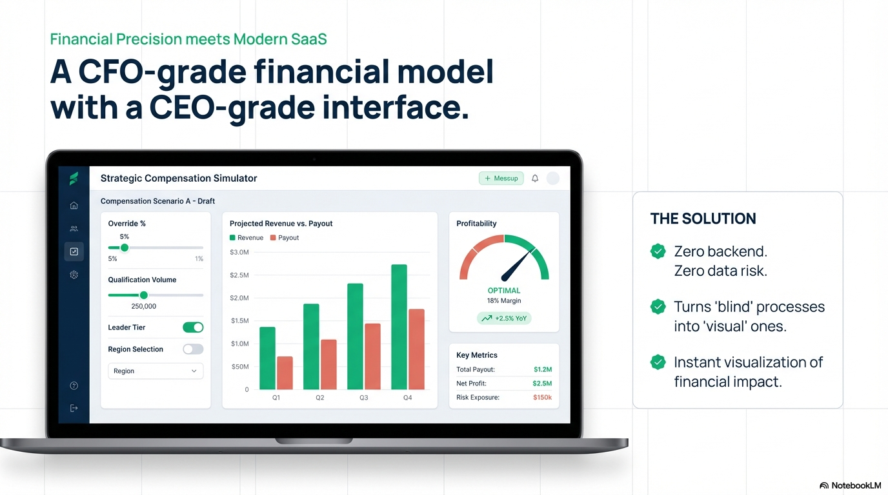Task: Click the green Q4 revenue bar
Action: coord(399,327)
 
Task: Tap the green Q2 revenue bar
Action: coord(311,347)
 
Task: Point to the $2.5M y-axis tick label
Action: coord(239,275)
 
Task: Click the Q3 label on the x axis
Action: coord(364,398)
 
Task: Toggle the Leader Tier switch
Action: coord(193,327)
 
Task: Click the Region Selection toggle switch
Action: coord(193,349)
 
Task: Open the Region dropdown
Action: coord(155,371)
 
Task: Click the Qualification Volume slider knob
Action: coord(144,295)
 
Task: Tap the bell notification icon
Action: coord(535,179)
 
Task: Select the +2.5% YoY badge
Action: coord(504,318)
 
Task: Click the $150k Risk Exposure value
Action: coord(542,398)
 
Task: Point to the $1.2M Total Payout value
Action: coord(543,370)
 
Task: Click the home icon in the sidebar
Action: coord(74,206)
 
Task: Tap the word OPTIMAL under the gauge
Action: coord(504,291)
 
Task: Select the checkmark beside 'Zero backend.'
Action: coord(658,251)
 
